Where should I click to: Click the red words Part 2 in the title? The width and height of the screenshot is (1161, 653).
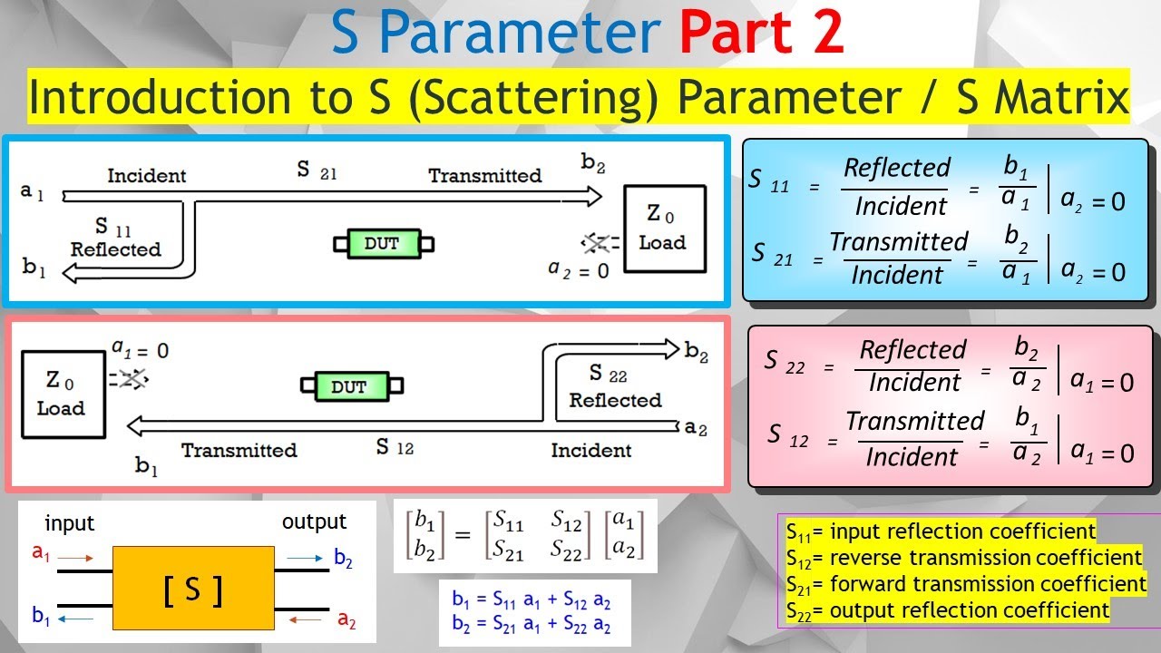click(x=762, y=33)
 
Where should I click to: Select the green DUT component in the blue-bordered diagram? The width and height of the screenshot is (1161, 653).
click(x=383, y=243)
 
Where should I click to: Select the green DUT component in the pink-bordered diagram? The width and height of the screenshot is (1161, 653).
click(x=348, y=386)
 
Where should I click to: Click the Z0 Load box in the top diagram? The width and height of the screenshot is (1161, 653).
click(x=664, y=229)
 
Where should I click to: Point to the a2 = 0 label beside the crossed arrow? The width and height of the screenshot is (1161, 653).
click(x=579, y=268)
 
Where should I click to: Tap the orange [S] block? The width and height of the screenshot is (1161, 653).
click(x=193, y=590)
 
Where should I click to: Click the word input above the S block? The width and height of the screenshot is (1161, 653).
click(x=70, y=523)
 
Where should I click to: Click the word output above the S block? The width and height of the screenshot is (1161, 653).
click(x=314, y=521)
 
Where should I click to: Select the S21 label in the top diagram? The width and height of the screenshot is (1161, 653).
click(x=316, y=171)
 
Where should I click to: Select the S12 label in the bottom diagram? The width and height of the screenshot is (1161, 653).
click(x=395, y=447)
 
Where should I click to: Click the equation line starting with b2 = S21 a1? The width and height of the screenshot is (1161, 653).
click(x=531, y=627)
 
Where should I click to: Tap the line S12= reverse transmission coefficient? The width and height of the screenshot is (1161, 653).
click(x=963, y=557)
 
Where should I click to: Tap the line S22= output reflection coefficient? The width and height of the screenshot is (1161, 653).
click(x=947, y=610)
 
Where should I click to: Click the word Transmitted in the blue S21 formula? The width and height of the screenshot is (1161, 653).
click(x=899, y=242)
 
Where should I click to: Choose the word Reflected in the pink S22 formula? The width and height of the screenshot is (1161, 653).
click(x=913, y=350)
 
